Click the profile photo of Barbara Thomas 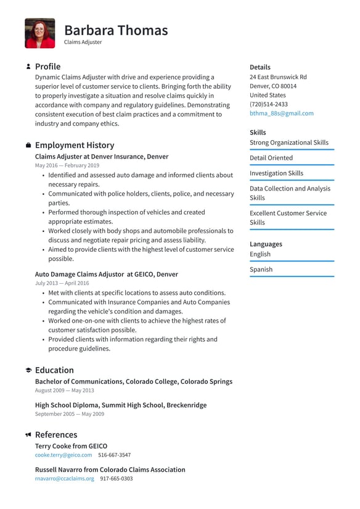point(39,33)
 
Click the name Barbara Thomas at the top point(116,30)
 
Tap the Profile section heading point(47,67)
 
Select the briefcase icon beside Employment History point(28,146)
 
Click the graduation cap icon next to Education point(28,370)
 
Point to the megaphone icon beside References point(28,434)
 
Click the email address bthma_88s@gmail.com point(281,114)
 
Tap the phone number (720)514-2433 point(268,104)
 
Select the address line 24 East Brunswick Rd point(278,77)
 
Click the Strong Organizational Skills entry point(289,143)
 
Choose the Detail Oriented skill point(271,158)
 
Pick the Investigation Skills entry point(276,173)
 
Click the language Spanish point(261,270)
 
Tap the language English point(260,254)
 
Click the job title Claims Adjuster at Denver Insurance point(101,157)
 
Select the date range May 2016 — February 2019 point(67,166)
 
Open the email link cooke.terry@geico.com point(63,455)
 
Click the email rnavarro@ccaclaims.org point(65,478)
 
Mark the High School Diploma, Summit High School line point(120,405)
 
